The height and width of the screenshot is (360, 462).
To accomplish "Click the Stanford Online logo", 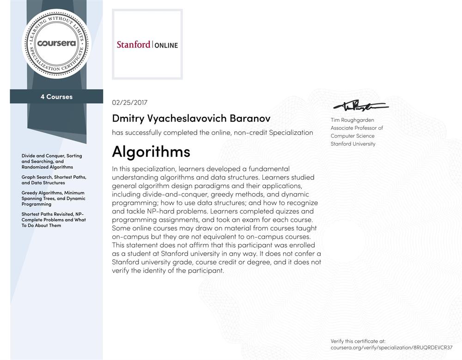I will click(147, 45).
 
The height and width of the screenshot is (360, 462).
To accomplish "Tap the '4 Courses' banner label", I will click(56, 97).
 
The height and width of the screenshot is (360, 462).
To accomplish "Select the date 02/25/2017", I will click(130, 103).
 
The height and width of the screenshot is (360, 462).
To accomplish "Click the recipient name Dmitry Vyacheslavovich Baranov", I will click(191, 118).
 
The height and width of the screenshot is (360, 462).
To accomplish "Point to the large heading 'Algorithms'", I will click(151, 152).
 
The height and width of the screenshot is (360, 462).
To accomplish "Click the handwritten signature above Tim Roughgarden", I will click(360, 106).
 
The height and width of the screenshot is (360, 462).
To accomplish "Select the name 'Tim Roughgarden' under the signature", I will click(352, 120).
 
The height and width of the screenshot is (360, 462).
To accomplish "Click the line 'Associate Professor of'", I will click(357, 128).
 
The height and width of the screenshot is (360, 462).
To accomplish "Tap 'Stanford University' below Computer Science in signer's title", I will click(353, 144).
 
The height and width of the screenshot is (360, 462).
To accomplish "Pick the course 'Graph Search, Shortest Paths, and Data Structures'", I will click(54, 180).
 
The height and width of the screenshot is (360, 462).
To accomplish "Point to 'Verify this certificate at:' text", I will click(358, 341).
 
